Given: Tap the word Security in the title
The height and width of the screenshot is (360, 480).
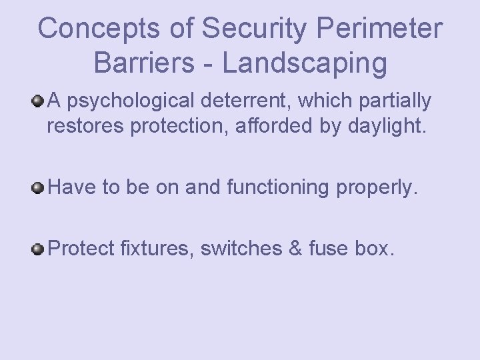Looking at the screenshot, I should [244, 28].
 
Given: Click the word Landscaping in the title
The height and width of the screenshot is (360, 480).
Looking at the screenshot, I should [305, 63].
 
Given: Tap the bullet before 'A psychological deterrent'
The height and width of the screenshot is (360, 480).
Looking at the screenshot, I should [39, 101].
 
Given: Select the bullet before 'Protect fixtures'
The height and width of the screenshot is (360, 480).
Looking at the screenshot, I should [39, 249].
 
